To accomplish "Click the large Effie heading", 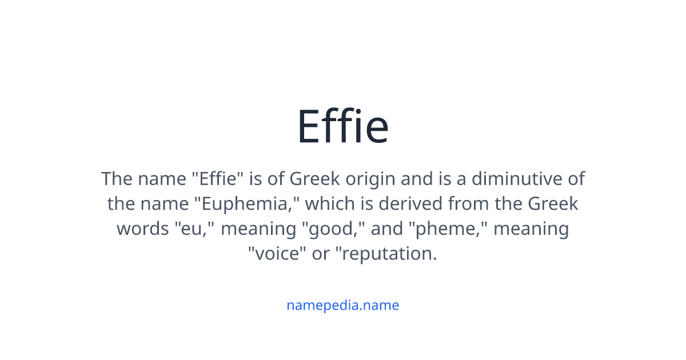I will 343,127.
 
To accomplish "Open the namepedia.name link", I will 342,305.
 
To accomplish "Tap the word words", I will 143,229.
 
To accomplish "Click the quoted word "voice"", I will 275,253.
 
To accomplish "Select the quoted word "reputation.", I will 389,253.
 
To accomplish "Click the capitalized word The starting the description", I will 117,179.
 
